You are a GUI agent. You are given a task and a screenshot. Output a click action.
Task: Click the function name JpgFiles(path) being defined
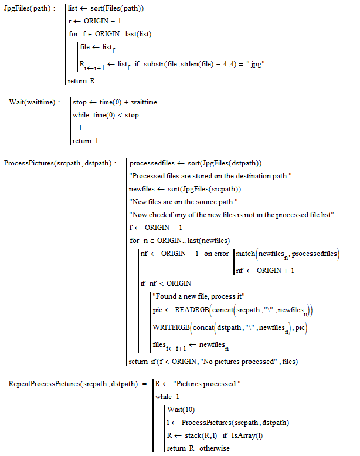pos(27,8)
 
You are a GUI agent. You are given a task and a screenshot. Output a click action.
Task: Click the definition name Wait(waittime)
pos(32,102)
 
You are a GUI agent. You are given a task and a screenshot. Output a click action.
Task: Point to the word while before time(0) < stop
pos(81,115)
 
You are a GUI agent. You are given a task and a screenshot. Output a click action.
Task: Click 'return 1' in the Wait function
pos(86,141)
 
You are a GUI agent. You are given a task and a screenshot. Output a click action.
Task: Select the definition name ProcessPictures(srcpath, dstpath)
pos(57,163)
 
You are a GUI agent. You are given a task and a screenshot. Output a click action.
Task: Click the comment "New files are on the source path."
pos(184,202)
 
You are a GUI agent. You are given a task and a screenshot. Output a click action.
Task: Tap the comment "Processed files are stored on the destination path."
pos(210,176)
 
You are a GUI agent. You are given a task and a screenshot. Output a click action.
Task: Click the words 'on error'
pos(216,254)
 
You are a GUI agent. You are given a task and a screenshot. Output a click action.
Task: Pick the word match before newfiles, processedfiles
pos(246,254)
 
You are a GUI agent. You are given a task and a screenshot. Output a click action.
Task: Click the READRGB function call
pos(192,310)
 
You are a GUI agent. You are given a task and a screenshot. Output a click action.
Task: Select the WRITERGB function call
pos(171,327)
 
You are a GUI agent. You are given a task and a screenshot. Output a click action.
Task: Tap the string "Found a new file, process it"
pos(199,296)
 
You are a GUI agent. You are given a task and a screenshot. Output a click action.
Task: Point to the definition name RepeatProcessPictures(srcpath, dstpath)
pos(73,384)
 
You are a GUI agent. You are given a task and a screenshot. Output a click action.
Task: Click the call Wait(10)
pos(181,410)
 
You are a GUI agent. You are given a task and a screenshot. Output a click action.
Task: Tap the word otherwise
pos(215,448)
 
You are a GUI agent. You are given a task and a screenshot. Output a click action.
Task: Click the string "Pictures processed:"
pos(207,384)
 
